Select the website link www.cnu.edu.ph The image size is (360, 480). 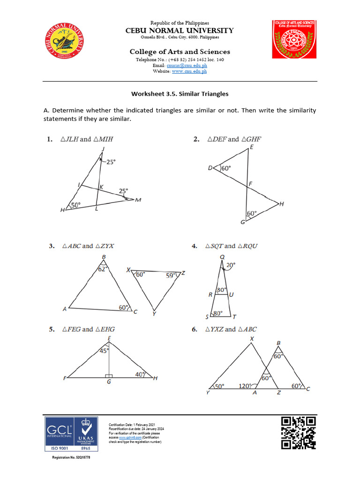pyautogui.click(x=189, y=71)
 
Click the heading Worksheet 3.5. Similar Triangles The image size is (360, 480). pyautogui.click(x=180, y=94)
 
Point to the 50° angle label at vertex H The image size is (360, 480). pyautogui.click(x=75, y=205)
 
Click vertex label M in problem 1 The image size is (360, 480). pyautogui.click(x=138, y=200)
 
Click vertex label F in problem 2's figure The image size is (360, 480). pyautogui.click(x=250, y=185)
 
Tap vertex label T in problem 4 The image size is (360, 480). pyautogui.click(x=234, y=317)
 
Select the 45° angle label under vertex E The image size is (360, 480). pyautogui.click(x=104, y=350)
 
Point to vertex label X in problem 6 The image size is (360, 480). pyautogui.click(x=252, y=338)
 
